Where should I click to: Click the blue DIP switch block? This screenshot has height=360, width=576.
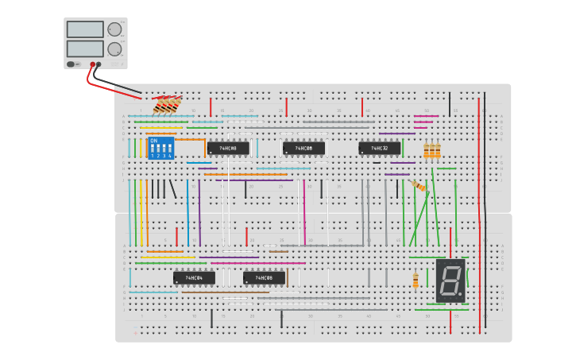[160, 148]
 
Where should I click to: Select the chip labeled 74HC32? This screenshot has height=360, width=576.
[379, 149]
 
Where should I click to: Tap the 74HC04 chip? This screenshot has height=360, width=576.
[194, 278]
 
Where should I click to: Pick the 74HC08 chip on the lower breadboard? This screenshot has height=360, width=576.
[264, 278]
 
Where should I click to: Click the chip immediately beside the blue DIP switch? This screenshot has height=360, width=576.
[228, 149]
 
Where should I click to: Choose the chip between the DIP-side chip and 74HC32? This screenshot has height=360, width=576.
[303, 149]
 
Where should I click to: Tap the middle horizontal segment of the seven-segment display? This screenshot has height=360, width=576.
[450, 281]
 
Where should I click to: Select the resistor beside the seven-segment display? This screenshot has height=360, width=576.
[416, 280]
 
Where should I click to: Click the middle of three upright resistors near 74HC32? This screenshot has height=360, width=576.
[432, 150]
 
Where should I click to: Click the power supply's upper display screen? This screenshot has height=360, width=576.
[85, 29]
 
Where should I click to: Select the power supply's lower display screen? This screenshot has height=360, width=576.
[85, 48]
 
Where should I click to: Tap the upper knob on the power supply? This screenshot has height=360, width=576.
[114, 29]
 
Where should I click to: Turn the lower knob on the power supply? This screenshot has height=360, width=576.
[114, 49]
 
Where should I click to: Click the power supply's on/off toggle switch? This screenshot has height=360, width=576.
[72, 64]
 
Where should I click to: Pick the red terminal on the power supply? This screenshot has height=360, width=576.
[92, 64]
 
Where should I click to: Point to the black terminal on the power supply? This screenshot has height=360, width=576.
[99, 64]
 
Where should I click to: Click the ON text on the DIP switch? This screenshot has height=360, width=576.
[153, 141]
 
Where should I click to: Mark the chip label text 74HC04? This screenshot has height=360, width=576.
[195, 278]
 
